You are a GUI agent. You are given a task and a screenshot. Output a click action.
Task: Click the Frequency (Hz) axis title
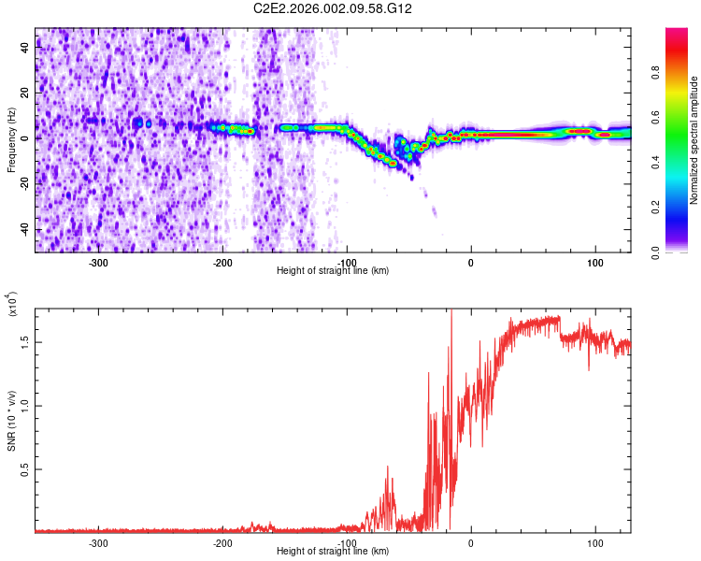(x=11, y=139)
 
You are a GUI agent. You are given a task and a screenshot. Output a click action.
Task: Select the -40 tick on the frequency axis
(x=23, y=230)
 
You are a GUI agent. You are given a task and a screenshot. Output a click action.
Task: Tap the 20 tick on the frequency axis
(x=26, y=93)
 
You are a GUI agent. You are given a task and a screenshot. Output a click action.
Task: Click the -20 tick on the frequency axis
(x=23, y=184)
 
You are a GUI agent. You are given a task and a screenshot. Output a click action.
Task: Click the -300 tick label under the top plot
(x=99, y=263)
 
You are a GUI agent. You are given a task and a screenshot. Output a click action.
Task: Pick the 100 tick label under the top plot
(x=595, y=263)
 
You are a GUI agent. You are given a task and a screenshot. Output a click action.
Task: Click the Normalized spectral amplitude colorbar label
(x=694, y=140)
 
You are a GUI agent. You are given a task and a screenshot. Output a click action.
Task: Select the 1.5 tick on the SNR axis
(x=25, y=342)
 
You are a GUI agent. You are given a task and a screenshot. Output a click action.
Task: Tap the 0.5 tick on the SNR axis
(x=25, y=469)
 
